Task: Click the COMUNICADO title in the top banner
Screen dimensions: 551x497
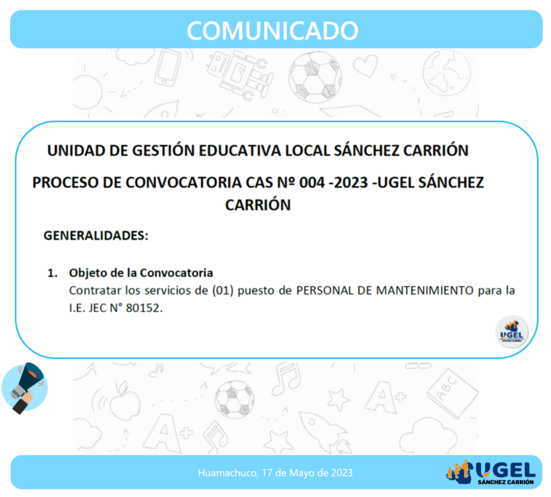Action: pos(272,31)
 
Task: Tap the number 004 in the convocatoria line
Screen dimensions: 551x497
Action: pos(312,183)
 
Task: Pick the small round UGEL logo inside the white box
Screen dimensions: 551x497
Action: pos(512,332)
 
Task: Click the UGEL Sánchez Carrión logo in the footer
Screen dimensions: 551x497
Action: pos(491,472)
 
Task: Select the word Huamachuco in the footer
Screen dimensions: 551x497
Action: pos(228,473)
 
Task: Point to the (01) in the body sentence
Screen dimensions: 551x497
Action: pos(223,290)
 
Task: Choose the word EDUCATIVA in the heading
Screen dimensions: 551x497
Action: pos(240,151)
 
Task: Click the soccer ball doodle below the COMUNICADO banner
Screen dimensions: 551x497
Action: pos(315,77)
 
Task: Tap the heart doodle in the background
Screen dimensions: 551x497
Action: pos(365,65)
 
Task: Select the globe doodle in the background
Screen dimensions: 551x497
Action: pos(447,73)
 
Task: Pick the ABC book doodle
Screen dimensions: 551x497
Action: pos(453,393)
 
